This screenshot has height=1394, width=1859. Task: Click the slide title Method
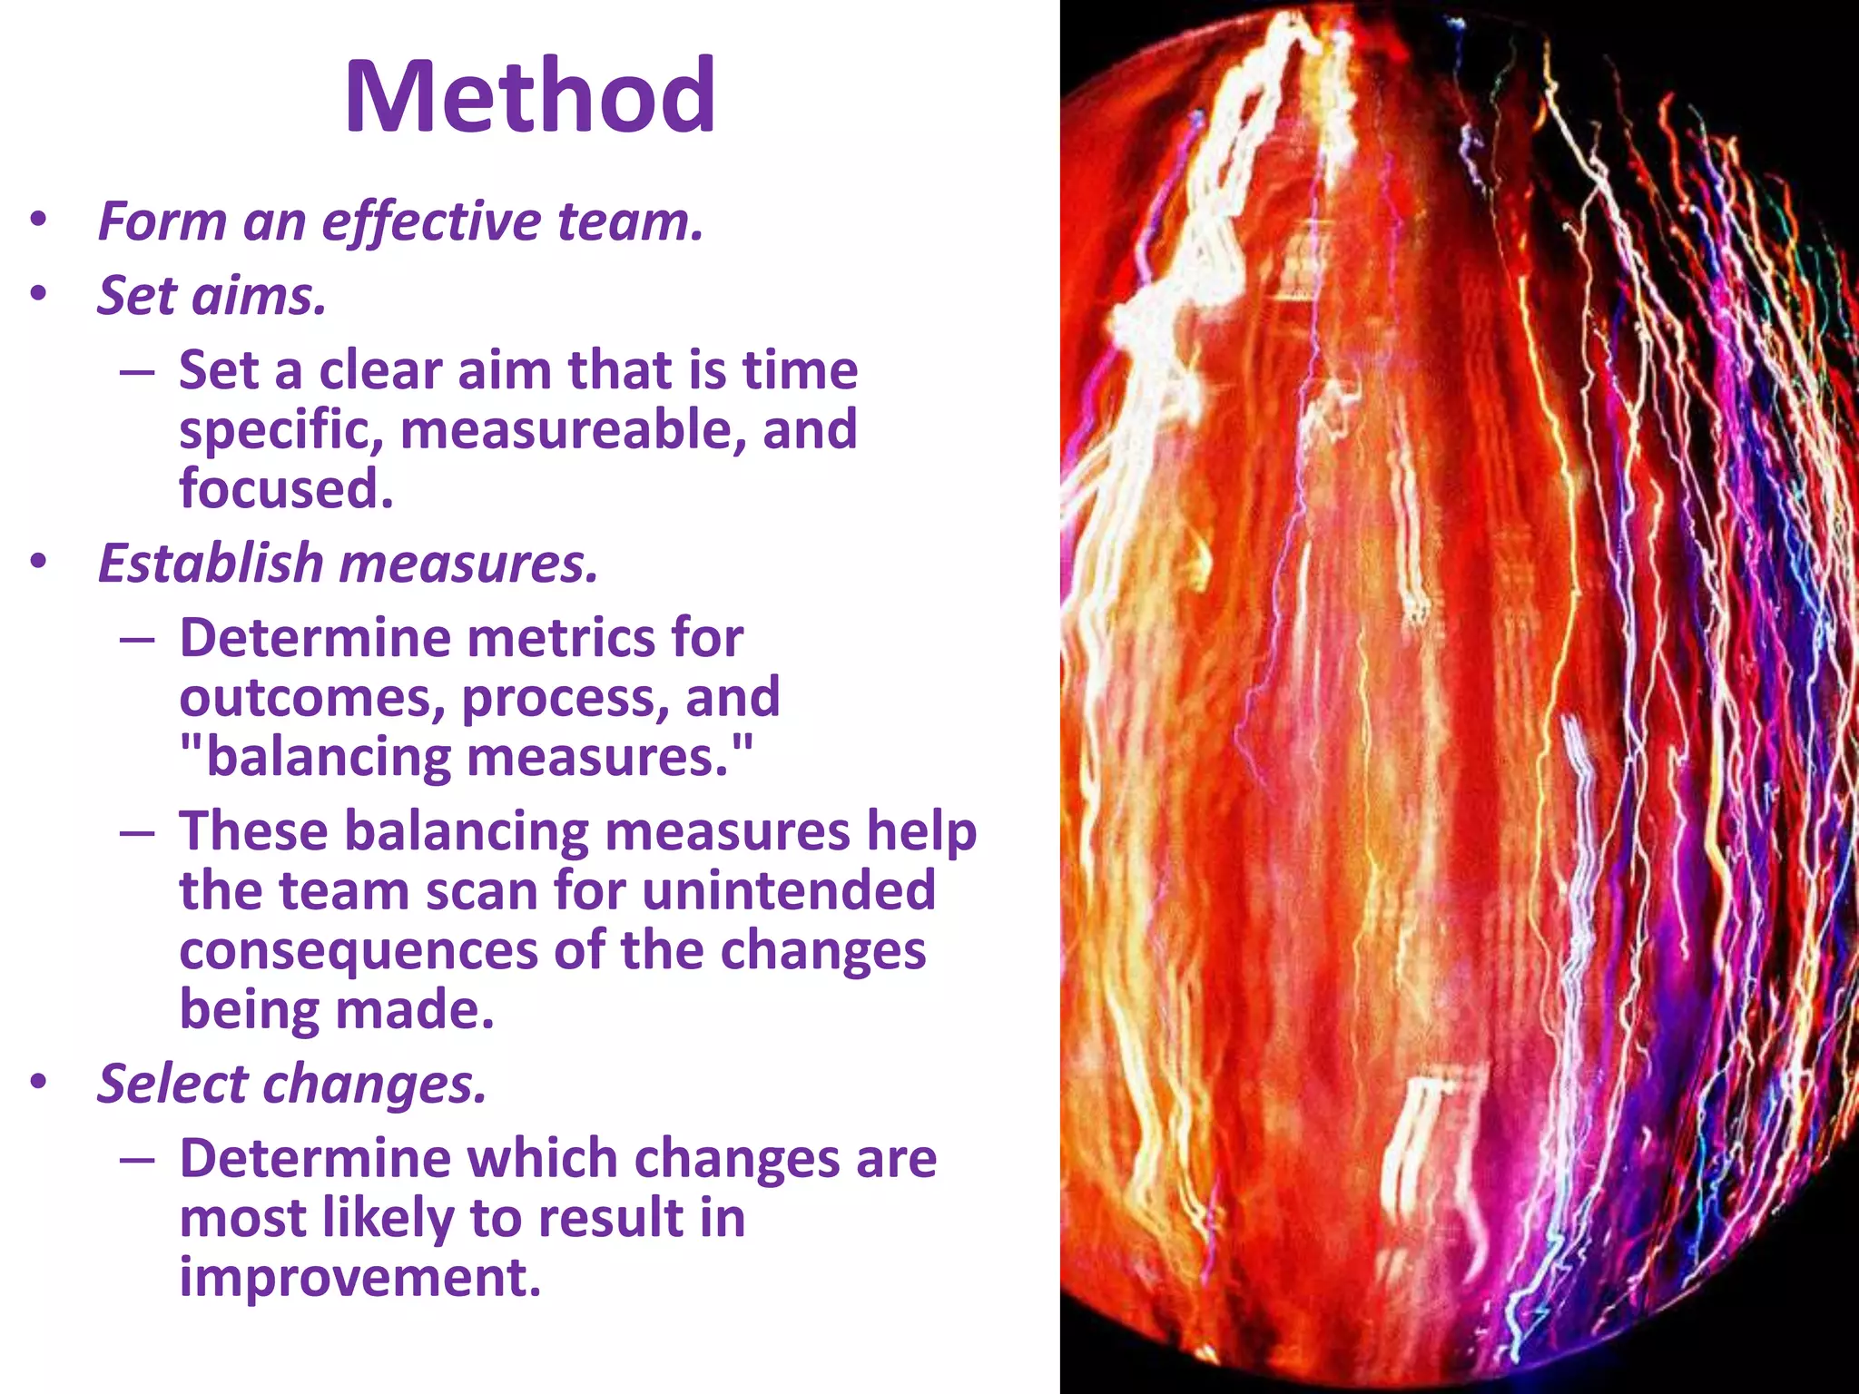tap(530, 96)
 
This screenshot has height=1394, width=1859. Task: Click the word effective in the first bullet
tap(431, 222)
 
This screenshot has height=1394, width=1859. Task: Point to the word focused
tap(286, 488)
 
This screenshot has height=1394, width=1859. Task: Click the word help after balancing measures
tap(920, 831)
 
